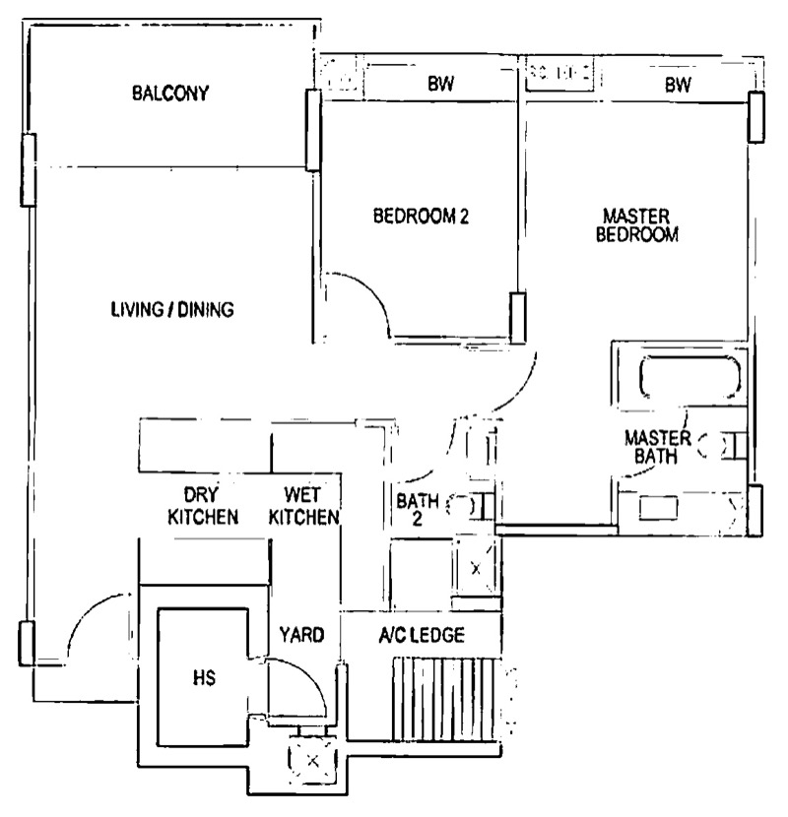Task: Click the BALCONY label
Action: pos(170,94)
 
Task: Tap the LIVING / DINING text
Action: pos(172,309)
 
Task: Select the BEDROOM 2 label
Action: pos(421,216)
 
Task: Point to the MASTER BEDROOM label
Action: pos(636,225)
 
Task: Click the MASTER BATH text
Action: pos(657,447)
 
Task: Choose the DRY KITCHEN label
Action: pos(203,505)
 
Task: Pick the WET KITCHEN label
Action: pos(303,505)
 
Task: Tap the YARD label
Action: pos(301,635)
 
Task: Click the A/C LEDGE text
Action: pos(422,635)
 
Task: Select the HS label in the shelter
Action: pos(204,678)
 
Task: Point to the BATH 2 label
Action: pos(418,510)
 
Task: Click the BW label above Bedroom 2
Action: pos(440,84)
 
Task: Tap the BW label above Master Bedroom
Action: pos(678,84)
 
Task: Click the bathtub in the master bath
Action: pos(689,377)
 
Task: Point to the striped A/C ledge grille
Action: pos(443,699)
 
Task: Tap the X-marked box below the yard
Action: pos(312,761)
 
